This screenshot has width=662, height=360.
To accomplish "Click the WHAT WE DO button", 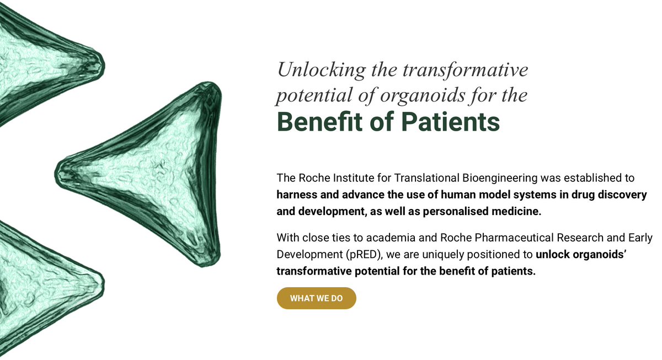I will tap(316, 298).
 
